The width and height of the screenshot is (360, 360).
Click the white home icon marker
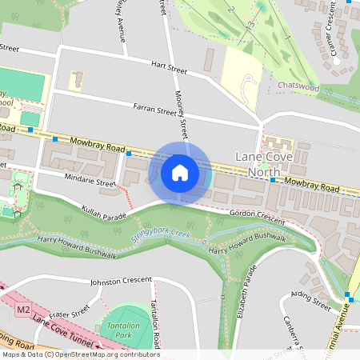pyautogui.click(x=180, y=172)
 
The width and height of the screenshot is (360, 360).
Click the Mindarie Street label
pyautogui.click(x=90, y=182)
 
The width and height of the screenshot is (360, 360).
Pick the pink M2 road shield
pyautogui.click(x=22, y=307)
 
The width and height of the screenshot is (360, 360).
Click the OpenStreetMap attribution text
pyautogui.click(x=80, y=354)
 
